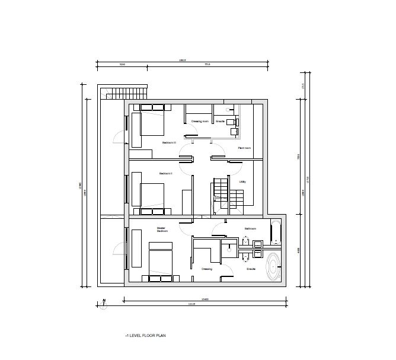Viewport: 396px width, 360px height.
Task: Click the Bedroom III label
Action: [x=170, y=142]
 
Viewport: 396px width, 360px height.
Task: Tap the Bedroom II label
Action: [x=165, y=174]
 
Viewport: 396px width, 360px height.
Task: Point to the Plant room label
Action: [x=244, y=148]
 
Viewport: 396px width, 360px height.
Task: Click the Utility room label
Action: [x=242, y=181]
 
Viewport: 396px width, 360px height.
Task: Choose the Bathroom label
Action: [x=251, y=228]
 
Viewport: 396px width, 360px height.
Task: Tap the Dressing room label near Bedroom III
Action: [x=200, y=121]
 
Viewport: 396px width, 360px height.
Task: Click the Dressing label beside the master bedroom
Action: [x=206, y=269]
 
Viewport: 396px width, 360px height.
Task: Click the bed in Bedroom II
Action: [x=152, y=194]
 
